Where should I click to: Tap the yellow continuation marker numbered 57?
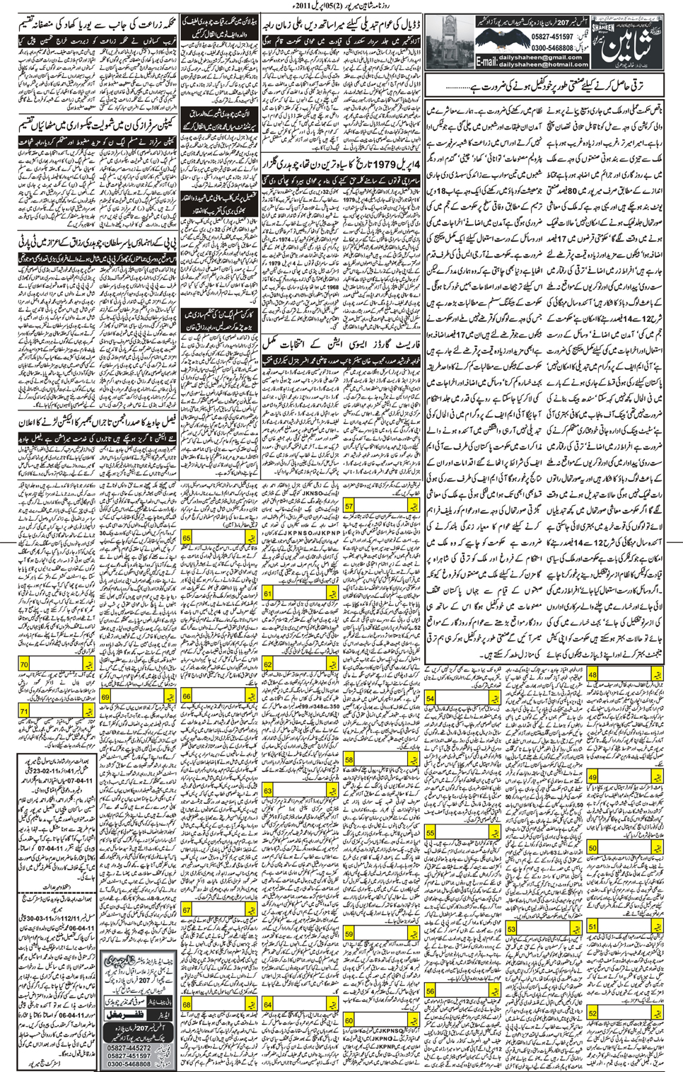(349, 507)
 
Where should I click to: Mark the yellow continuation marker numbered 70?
(25, 664)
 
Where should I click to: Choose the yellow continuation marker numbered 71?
(25, 710)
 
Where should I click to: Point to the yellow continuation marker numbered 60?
(349, 1021)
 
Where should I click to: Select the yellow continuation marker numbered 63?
(268, 790)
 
